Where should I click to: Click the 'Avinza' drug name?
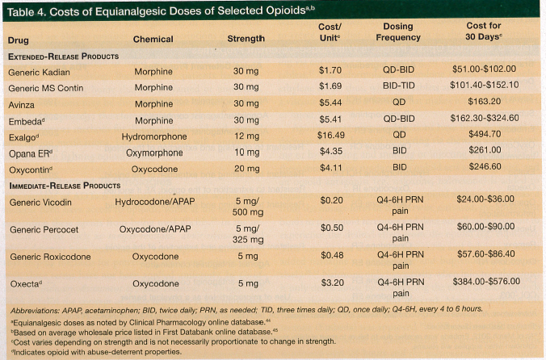23,103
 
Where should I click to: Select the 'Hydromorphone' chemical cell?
153,136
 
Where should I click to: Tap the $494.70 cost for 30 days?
484,136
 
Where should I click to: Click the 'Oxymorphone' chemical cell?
153,152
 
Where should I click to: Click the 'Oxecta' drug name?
26,283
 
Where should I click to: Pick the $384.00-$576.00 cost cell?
484,283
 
